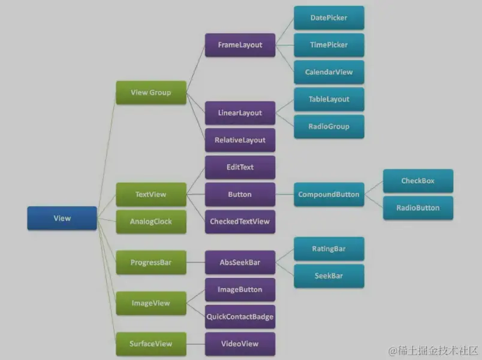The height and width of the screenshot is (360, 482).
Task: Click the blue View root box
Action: point(62,218)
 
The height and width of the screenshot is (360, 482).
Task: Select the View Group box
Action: point(150,92)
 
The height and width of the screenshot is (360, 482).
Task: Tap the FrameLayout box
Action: point(240,45)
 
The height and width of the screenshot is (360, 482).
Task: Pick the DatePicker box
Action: point(329,18)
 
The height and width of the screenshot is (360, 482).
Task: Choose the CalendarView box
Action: point(329,72)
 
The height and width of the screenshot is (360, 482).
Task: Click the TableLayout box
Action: point(329,99)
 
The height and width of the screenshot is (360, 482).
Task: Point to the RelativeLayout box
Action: point(240,140)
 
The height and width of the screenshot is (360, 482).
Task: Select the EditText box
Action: point(240,167)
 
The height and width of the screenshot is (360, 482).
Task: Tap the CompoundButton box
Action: point(329,194)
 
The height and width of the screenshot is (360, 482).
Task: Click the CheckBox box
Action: point(418,181)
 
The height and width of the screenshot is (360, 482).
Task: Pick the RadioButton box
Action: point(418,208)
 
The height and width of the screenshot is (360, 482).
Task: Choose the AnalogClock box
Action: point(150,222)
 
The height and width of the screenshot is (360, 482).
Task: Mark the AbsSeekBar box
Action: point(240,262)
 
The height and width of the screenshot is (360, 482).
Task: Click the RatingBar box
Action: point(329,248)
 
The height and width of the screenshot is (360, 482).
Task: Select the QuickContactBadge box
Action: point(240,316)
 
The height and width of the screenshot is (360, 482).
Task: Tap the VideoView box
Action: point(240,344)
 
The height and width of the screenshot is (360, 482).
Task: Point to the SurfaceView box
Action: point(150,344)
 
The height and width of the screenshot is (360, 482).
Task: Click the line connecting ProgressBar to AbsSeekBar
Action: point(195,262)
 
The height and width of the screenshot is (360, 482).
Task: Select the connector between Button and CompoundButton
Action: point(284,194)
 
